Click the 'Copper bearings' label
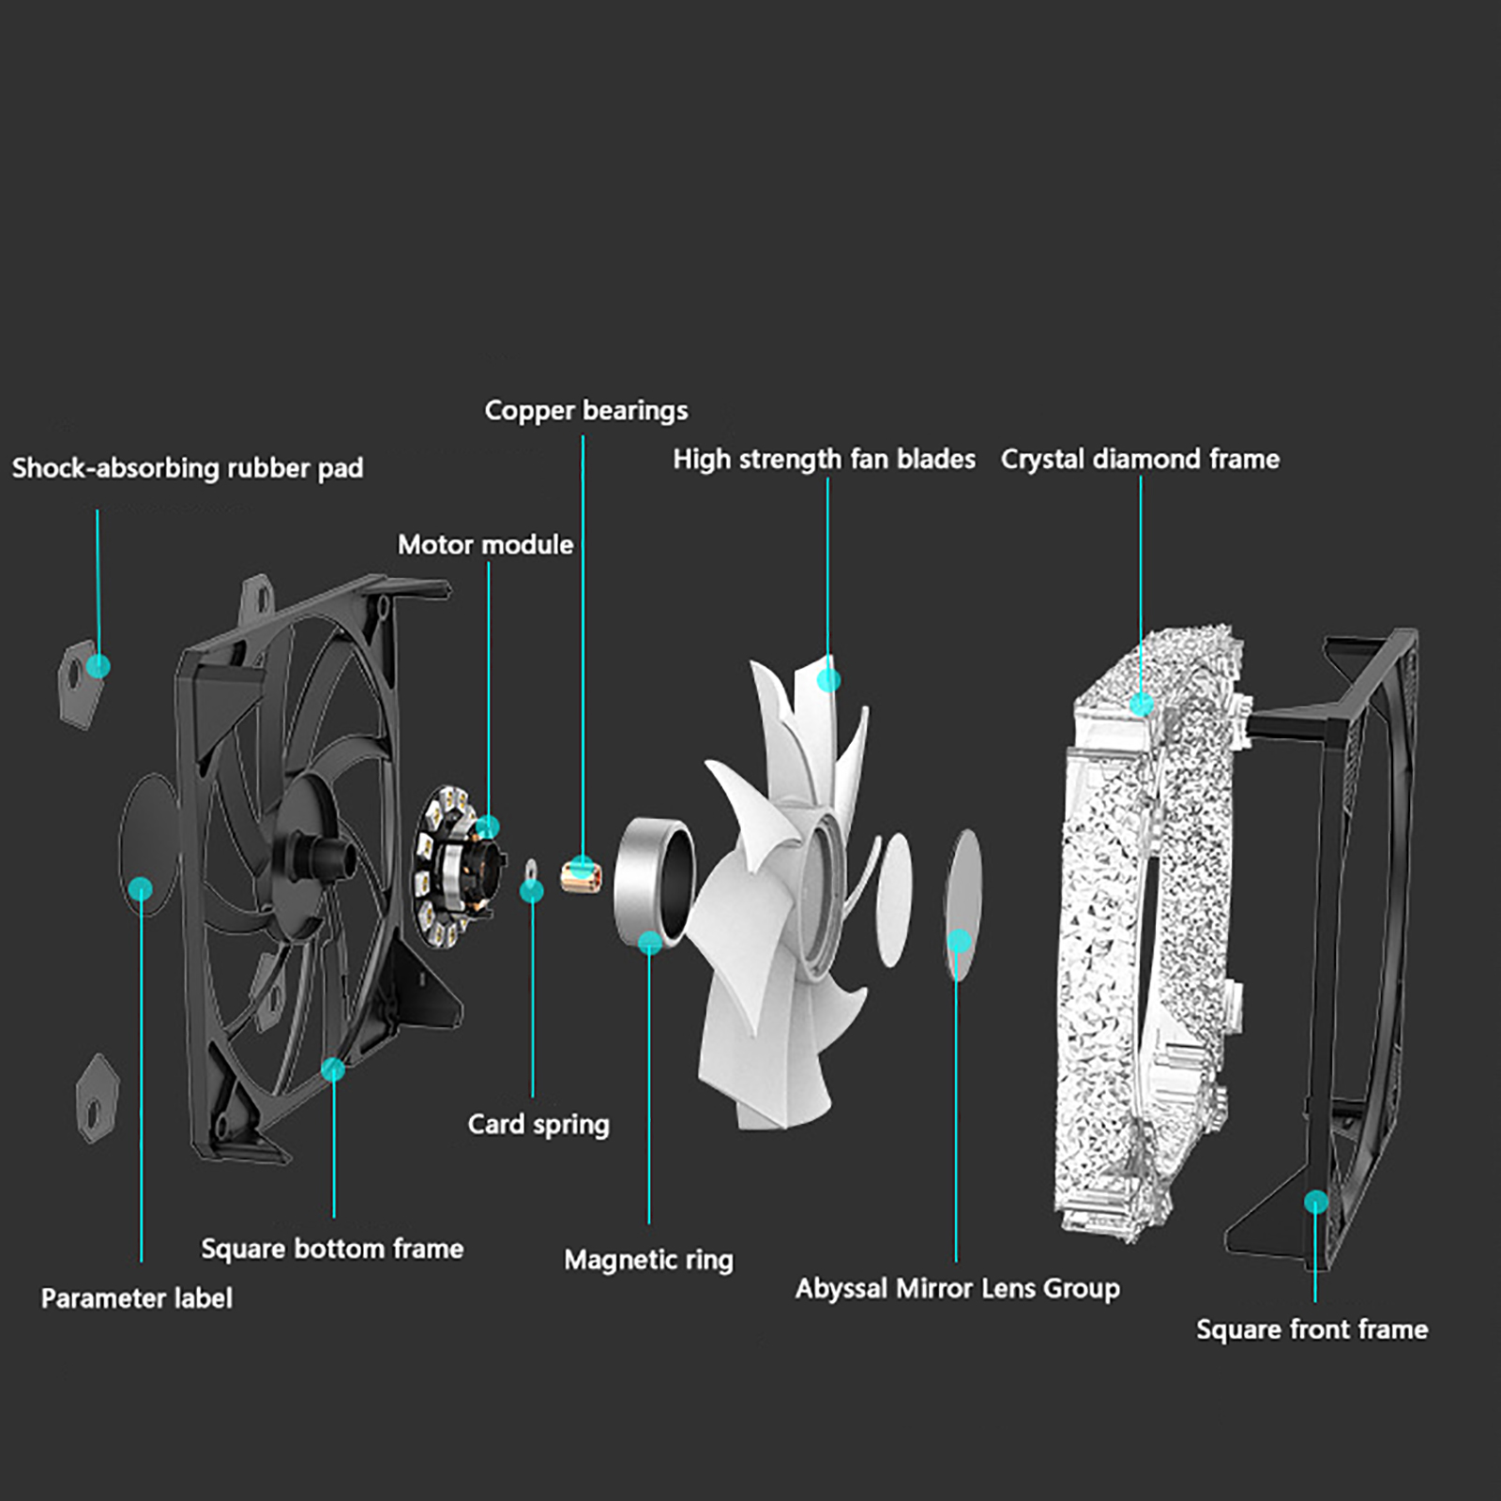click(x=585, y=411)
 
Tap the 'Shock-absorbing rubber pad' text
click(x=187, y=468)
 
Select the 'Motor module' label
click(x=485, y=545)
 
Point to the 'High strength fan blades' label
click(x=824, y=459)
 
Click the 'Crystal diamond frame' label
click(x=1140, y=459)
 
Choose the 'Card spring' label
click(x=538, y=1124)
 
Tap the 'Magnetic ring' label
click(x=648, y=1260)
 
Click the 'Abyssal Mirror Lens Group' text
click(x=957, y=1289)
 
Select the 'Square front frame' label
click(x=1311, y=1329)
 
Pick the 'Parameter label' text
click(x=136, y=1298)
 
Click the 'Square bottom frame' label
click(x=332, y=1249)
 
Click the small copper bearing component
click(x=582, y=874)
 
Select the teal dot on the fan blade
click(x=828, y=679)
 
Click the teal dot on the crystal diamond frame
click(x=1141, y=704)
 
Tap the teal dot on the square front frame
click(x=1316, y=1202)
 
